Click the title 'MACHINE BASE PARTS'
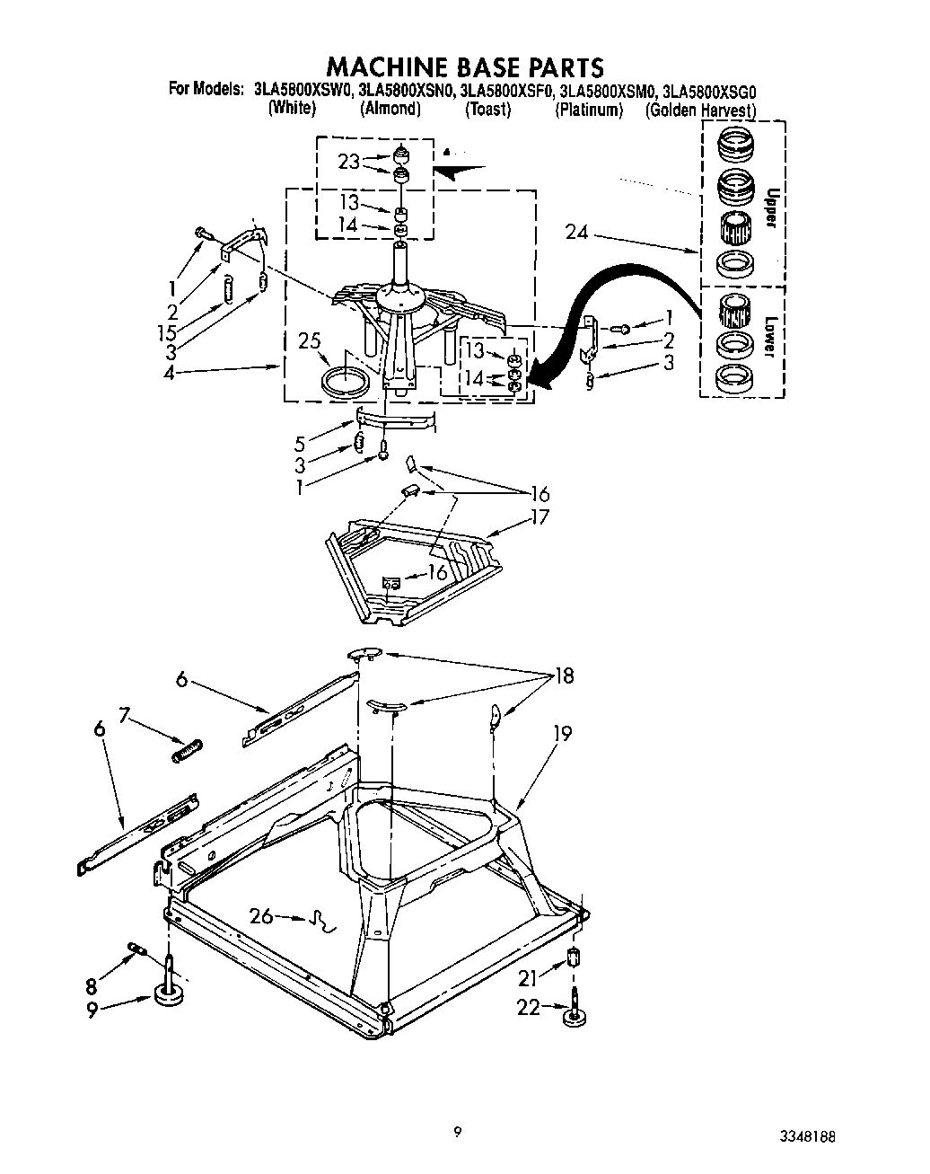[x=463, y=66]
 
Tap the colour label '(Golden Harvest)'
[x=700, y=110]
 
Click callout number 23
[x=349, y=162]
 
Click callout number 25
[x=309, y=341]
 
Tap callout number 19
[x=562, y=733]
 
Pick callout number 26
[x=261, y=916]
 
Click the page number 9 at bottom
[x=457, y=1133]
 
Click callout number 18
[x=564, y=675]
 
